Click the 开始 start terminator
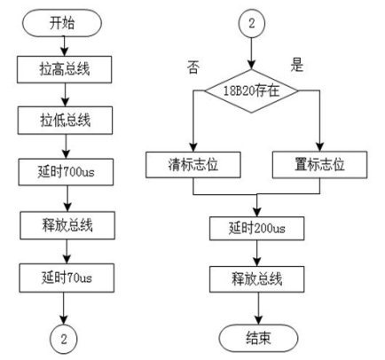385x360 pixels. [x=62, y=23]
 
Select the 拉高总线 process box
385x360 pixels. [x=64, y=69]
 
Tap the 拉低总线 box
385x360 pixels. [x=65, y=121]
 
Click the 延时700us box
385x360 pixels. [x=66, y=172]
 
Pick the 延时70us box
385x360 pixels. [x=67, y=278]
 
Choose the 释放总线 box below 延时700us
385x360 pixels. [x=67, y=225]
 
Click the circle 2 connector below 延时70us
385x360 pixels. [x=64, y=340]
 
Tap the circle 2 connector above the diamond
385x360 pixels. [x=252, y=23]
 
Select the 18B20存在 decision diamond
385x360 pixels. [x=251, y=90]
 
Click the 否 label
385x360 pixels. [x=193, y=67]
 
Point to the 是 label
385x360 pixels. [x=297, y=65]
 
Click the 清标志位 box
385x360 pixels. [x=193, y=165]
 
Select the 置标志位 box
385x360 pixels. [x=319, y=165]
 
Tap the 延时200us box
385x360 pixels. [x=256, y=228]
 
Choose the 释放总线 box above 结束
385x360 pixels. [x=257, y=279]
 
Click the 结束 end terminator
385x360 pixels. [x=258, y=338]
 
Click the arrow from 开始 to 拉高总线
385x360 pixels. [x=64, y=46]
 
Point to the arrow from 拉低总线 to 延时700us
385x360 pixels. [x=66, y=146]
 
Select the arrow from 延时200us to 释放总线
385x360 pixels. [x=256, y=254]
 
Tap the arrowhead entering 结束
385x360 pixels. [x=258, y=320]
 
